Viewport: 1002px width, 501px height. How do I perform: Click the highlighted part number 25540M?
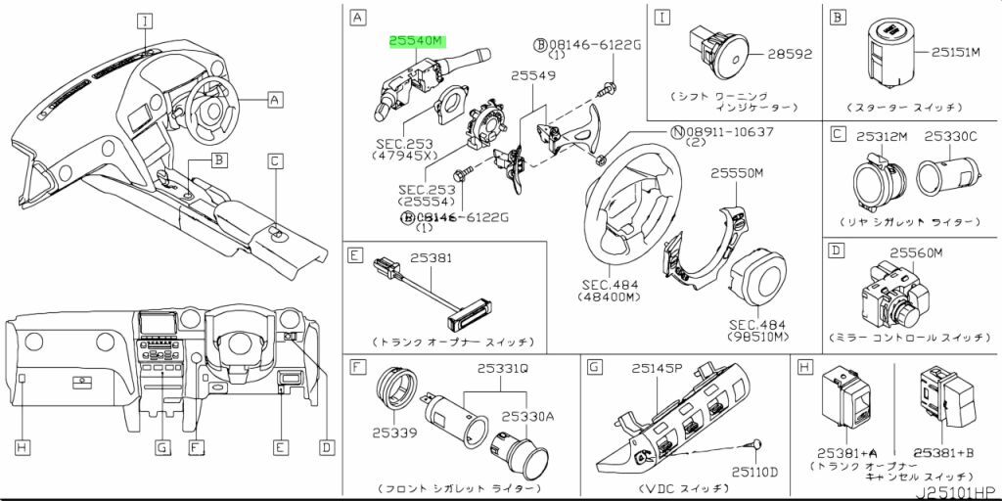(416, 41)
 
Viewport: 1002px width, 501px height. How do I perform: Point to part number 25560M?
(914, 253)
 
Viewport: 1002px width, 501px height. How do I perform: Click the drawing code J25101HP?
(954, 491)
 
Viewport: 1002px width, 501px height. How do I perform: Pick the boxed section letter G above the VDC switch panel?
(594, 367)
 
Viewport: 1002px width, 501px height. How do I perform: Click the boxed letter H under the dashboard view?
(22, 447)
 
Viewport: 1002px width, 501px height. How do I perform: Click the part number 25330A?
(528, 417)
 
